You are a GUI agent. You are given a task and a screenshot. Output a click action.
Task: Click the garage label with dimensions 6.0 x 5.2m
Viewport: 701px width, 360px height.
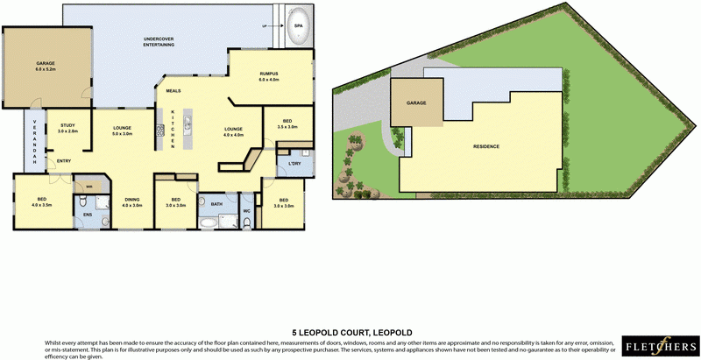coord(46,67)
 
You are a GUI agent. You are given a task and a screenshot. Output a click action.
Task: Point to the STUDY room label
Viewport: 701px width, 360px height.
coord(68,128)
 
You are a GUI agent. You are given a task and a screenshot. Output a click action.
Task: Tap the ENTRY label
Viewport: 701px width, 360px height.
coord(63,161)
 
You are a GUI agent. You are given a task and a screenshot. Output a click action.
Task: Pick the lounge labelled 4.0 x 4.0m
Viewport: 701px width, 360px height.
coord(233,133)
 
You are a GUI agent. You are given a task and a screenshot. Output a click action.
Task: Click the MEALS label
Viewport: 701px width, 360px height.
coord(173,90)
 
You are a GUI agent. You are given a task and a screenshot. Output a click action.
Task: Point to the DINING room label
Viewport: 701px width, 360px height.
coord(131,201)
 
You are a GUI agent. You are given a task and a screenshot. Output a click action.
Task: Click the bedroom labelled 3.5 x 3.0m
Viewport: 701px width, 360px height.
coord(287,124)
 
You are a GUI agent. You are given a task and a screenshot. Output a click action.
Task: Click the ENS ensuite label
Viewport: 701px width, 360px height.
coord(88,214)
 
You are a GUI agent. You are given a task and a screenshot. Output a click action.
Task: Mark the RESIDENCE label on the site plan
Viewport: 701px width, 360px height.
coord(486,145)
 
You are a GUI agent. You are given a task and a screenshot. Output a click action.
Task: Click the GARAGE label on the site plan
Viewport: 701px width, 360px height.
coord(415,102)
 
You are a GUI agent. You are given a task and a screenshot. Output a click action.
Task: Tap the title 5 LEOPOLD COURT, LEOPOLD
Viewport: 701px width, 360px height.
coord(350,333)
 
